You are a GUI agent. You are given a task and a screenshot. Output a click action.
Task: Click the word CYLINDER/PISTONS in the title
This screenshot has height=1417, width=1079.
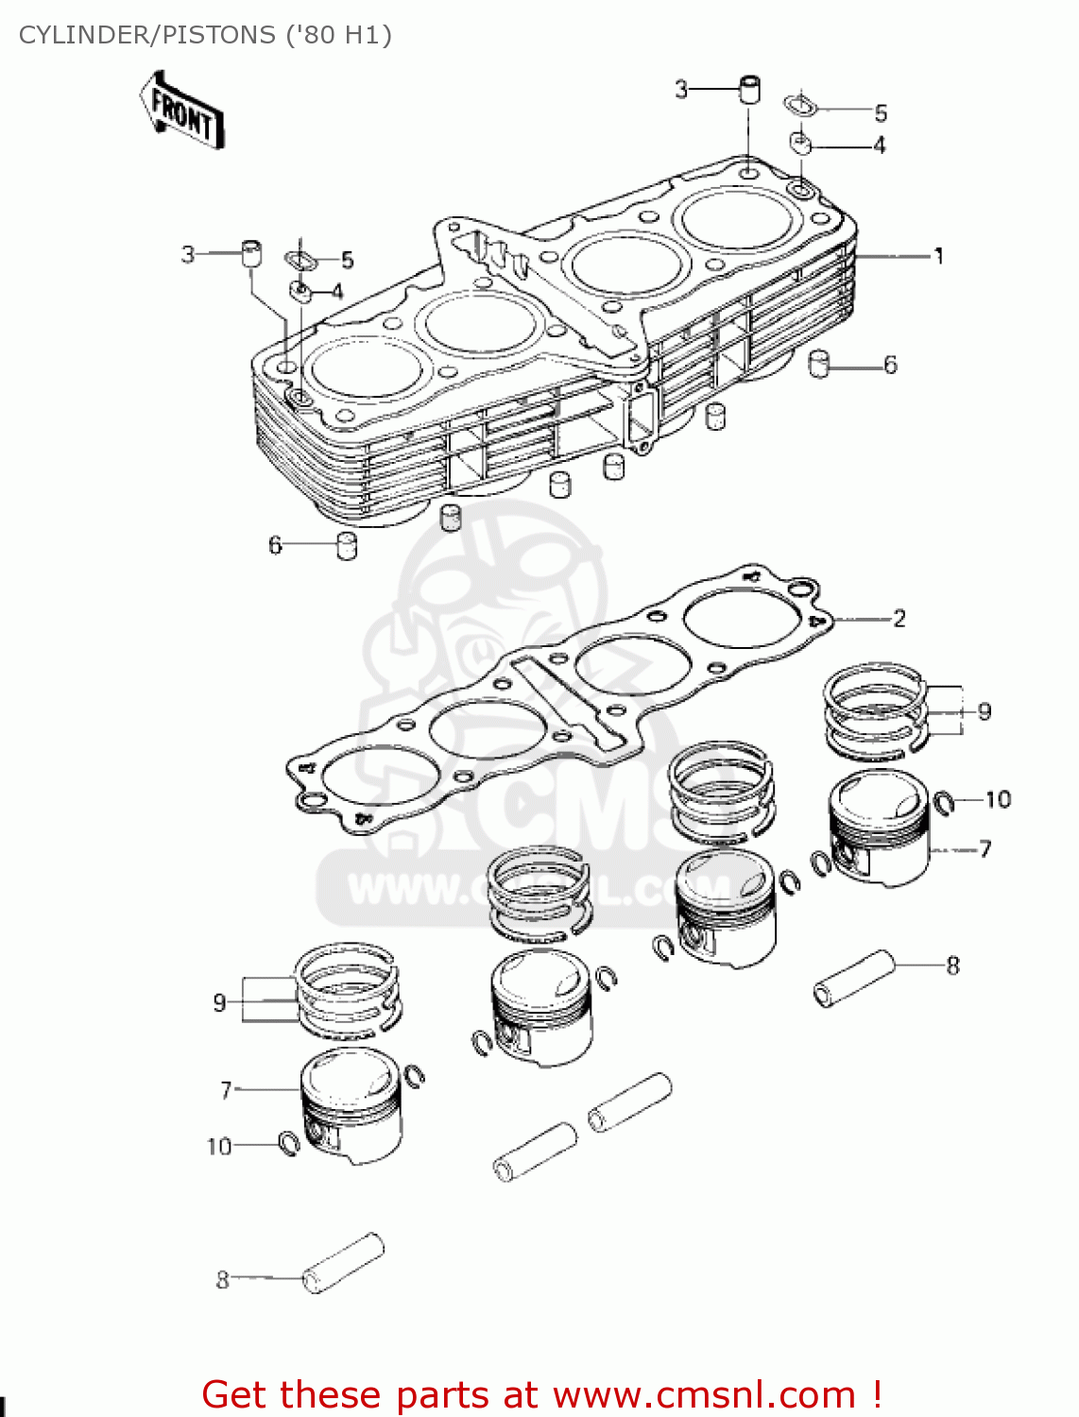point(146,35)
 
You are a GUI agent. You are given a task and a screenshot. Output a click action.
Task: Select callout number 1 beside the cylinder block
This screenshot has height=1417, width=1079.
point(938,256)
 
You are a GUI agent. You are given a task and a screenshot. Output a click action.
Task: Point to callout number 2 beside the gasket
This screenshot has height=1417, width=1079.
point(899,619)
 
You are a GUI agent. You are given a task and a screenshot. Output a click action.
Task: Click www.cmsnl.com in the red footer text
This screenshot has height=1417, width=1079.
point(704,1394)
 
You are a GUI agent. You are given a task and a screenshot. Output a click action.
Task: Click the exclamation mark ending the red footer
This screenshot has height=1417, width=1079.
point(877,1394)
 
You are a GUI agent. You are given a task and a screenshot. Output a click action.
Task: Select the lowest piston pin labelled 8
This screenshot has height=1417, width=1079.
point(343,1263)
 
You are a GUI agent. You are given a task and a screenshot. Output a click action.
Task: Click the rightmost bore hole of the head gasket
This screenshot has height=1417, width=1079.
point(743,619)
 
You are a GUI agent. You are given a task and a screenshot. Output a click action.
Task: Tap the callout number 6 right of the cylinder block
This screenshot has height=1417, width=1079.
point(890,365)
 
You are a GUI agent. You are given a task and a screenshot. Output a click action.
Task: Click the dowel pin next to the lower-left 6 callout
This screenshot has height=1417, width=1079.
point(347,545)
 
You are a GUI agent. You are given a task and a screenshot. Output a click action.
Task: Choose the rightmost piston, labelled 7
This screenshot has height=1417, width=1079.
point(878,828)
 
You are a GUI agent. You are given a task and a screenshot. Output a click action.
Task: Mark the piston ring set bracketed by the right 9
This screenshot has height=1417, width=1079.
point(874,711)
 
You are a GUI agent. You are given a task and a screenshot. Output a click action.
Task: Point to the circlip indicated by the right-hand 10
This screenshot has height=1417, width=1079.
point(943,802)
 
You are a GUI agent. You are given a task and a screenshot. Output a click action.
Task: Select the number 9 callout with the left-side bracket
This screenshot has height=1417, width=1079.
point(219,1002)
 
